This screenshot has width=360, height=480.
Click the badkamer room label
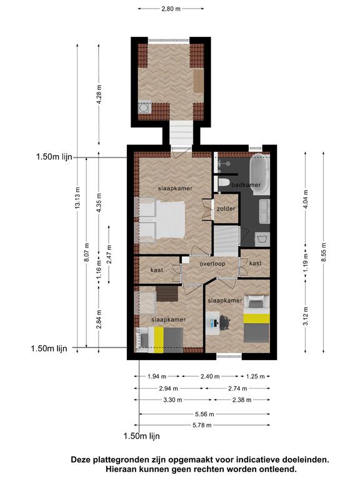coord(246,184)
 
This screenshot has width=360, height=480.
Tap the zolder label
coord(226,209)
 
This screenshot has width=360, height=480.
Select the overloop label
coord(212,264)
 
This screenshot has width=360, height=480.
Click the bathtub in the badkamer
coord(260,174)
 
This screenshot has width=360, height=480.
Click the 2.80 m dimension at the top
coord(171,9)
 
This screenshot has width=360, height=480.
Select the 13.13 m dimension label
coord(77,197)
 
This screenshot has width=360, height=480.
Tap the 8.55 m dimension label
coord(324,252)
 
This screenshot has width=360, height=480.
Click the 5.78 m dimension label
coord(202,425)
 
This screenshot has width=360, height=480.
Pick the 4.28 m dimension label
coord(99,94)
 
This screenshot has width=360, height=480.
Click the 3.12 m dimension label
coord(306,316)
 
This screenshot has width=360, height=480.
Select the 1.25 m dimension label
coord(255,376)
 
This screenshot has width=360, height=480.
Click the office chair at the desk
coord(225,322)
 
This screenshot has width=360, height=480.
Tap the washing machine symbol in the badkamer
coord(262,239)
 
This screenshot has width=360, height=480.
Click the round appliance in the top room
coord(143,107)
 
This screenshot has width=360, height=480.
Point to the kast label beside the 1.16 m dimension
coord(157,270)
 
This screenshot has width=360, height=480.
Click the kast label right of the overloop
coord(255,263)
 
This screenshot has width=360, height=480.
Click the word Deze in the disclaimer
coord(81,459)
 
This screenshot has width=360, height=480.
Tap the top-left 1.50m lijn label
coord(54,157)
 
